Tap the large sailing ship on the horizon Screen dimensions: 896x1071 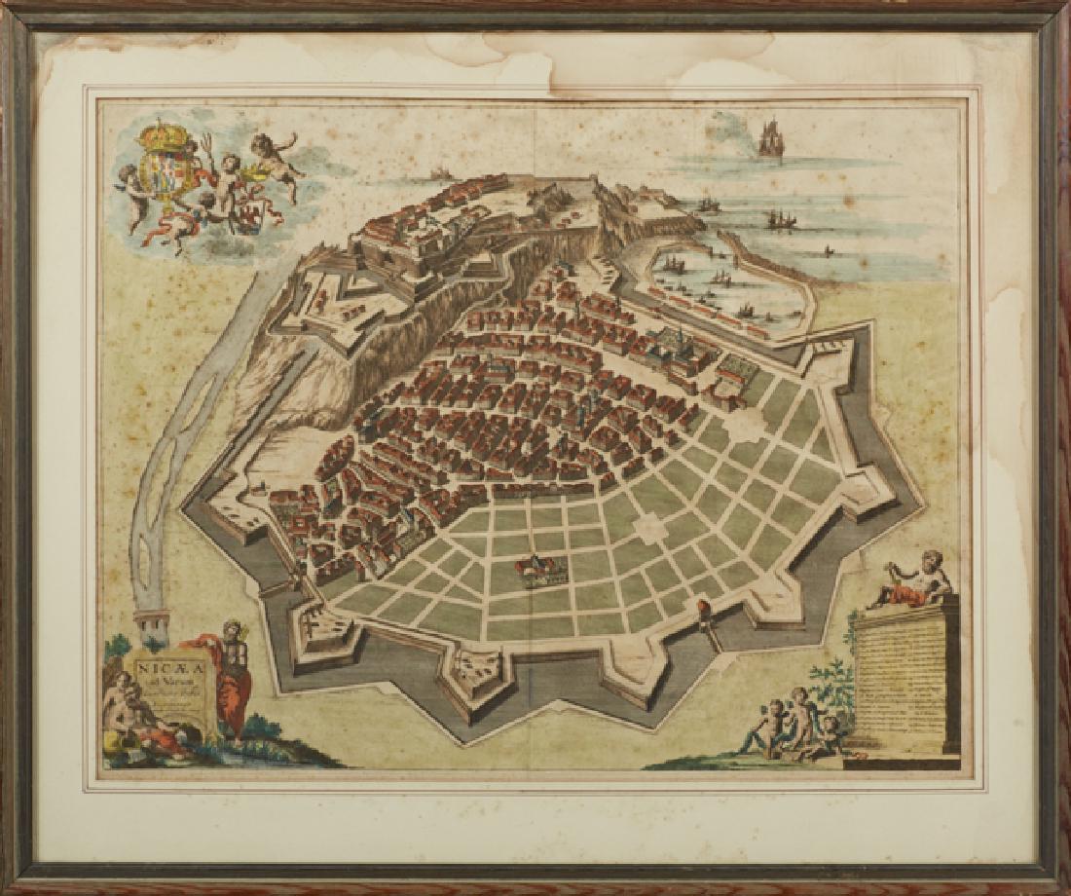pyautogui.click(x=770, y=139)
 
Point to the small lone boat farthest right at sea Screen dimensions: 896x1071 pyautogui.click(x=829, y=250)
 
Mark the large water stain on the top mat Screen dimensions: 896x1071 pyautogui.click(x=584, y=58)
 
